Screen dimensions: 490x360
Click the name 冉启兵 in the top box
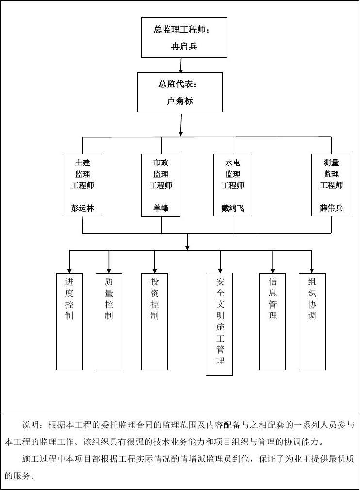(184, 47)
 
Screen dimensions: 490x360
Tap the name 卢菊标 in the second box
(180, 101)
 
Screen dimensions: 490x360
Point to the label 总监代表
(177, 84)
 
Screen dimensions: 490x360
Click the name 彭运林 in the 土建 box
(82, 209)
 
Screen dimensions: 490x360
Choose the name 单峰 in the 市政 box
(161, 209)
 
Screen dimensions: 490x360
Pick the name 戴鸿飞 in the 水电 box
(232, 209)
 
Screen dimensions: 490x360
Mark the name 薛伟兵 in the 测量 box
(331, 209)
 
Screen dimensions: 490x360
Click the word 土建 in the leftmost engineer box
(82, 163)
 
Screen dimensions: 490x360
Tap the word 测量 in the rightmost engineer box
(331, 163)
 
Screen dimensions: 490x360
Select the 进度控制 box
(69, 321)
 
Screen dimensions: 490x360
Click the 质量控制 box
(109, 321)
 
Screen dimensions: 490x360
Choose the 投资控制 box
(154, 321)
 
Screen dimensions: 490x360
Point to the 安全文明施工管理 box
(219, 324)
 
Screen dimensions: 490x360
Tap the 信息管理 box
(273, 321)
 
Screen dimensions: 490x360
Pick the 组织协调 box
(312, 321)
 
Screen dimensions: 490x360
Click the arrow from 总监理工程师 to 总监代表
(181, 65)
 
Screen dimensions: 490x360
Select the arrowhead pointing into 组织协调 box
(312, 270)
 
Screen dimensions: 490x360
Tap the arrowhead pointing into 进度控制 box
(69, 270)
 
